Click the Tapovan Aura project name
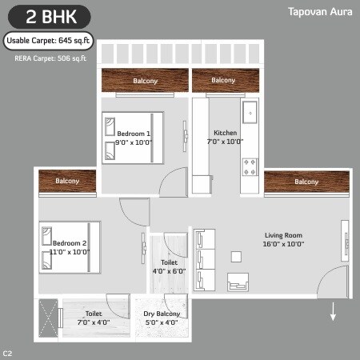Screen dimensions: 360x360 coord(319,12)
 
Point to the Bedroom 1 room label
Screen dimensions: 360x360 coord(134,137)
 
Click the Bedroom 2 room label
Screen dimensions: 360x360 coord(69,246)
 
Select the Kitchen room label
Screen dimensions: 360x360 coord(225,137)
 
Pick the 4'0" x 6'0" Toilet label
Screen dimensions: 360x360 coord(169,266)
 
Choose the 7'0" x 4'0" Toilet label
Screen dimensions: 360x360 coord(93,318)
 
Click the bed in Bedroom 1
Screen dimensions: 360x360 coord(132,138)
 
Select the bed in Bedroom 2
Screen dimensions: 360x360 coord(69,248)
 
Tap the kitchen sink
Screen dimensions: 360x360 coord(250,110)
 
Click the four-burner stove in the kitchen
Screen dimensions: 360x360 coord(250,167)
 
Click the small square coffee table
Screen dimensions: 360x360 coord(236,256)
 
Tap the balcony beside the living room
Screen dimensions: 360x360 coord(306,182)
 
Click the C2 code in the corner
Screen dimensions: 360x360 coord(7,352)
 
